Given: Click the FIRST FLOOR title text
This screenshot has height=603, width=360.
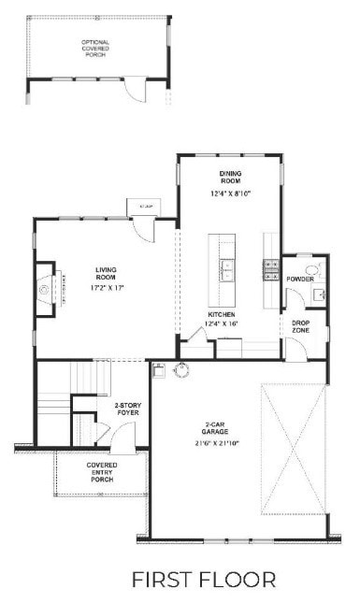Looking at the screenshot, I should (x=204, y=579).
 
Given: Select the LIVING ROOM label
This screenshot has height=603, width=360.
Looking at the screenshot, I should (x=105, y=273).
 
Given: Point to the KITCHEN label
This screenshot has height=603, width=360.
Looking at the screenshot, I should (x=222, y=314).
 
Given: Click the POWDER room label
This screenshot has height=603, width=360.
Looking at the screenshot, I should (x=299, y=280).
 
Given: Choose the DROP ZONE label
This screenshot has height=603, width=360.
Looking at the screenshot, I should (x=301, y=326).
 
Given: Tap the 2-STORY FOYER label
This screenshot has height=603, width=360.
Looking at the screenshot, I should (x=127, y=409).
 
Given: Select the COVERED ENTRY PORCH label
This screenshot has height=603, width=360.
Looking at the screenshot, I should (x=102, y=472).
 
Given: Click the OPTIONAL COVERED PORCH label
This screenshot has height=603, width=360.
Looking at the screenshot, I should (x=95, y=49).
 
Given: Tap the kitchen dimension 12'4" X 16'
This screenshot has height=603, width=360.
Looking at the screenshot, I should (x=223, y=324).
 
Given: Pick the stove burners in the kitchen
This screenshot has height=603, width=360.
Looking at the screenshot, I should (x=271, y=269).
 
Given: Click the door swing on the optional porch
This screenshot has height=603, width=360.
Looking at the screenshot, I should (x=137, y=90).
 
